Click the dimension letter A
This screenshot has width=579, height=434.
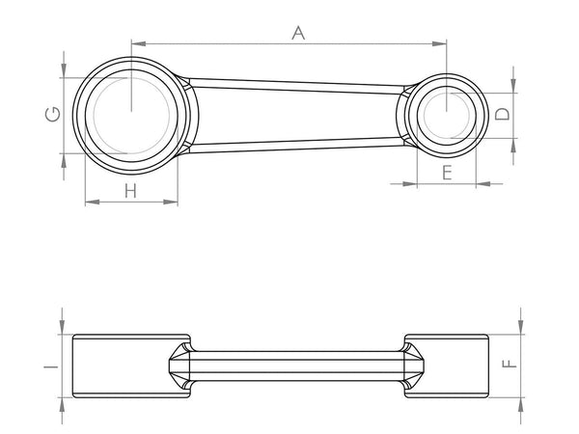click(x=298, y=33)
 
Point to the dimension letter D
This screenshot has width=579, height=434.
click(x=503, y=114)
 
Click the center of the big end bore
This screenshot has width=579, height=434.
click(x=130, y=110)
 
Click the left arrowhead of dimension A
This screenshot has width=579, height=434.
click(x=135, y=41)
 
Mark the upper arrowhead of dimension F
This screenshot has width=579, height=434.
click(x=521, y=329)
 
